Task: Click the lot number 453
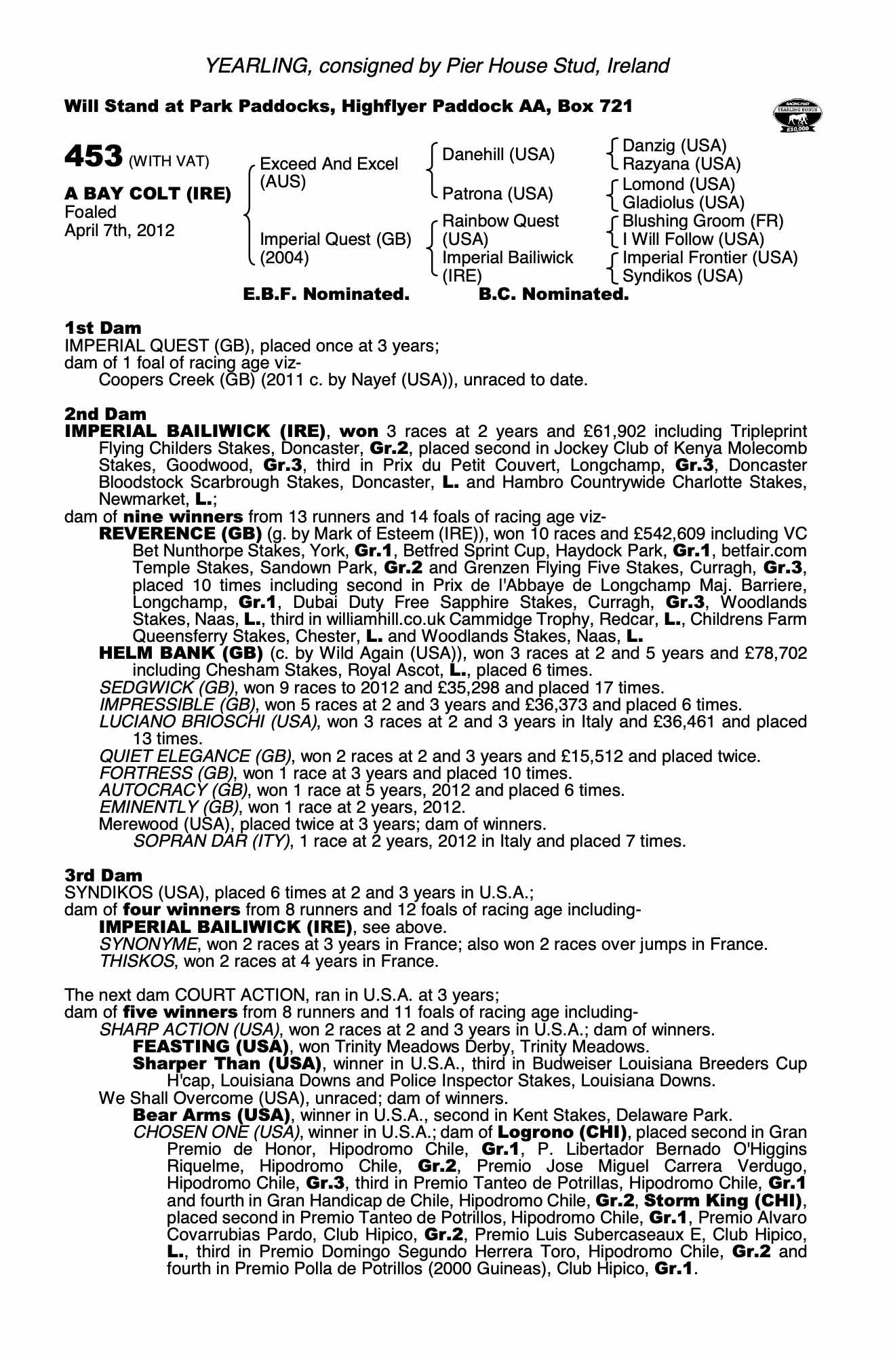point(93,156)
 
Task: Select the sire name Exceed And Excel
point(329,164)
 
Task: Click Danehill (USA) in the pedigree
point(498,155)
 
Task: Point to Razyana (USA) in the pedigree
point(681,164)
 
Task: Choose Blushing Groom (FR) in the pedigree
point(702,221)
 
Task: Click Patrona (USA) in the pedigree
point(498,194)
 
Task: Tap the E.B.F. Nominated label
point(326,294)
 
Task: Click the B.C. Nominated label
point(553,294)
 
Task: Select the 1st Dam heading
point(103,328)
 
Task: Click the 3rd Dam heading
point(104,875)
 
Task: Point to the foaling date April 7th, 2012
point(119,231)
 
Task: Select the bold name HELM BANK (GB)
point(181,653)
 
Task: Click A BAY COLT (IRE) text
point(148,194)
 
